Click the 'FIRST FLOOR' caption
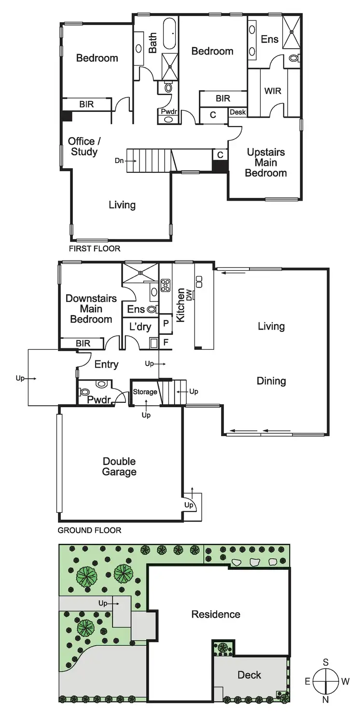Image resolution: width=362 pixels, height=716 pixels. click(95, 249)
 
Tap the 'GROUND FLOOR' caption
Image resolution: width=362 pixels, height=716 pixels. click(89, 530)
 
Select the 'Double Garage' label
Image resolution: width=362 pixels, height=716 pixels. click(119, 467)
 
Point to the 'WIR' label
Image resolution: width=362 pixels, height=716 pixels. click(273, 91)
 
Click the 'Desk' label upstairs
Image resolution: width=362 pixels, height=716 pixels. click(237, 112)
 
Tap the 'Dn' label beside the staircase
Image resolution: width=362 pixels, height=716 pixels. click(119, 160)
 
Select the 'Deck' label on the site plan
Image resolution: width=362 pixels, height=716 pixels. click(250, 675)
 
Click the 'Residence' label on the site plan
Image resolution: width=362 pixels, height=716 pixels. click(216, 614)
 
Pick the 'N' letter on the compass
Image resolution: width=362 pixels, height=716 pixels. click(326, 700)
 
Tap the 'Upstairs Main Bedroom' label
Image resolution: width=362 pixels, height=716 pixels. click(266, 163)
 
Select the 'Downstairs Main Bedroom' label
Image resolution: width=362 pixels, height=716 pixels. click(91, 309)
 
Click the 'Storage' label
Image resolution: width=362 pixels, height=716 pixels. click(145, 392)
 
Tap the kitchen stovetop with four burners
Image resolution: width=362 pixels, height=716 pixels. click(166, 285)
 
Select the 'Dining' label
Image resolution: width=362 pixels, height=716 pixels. click(271, 381)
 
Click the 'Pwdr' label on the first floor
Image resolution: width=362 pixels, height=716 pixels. click(168, 111)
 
